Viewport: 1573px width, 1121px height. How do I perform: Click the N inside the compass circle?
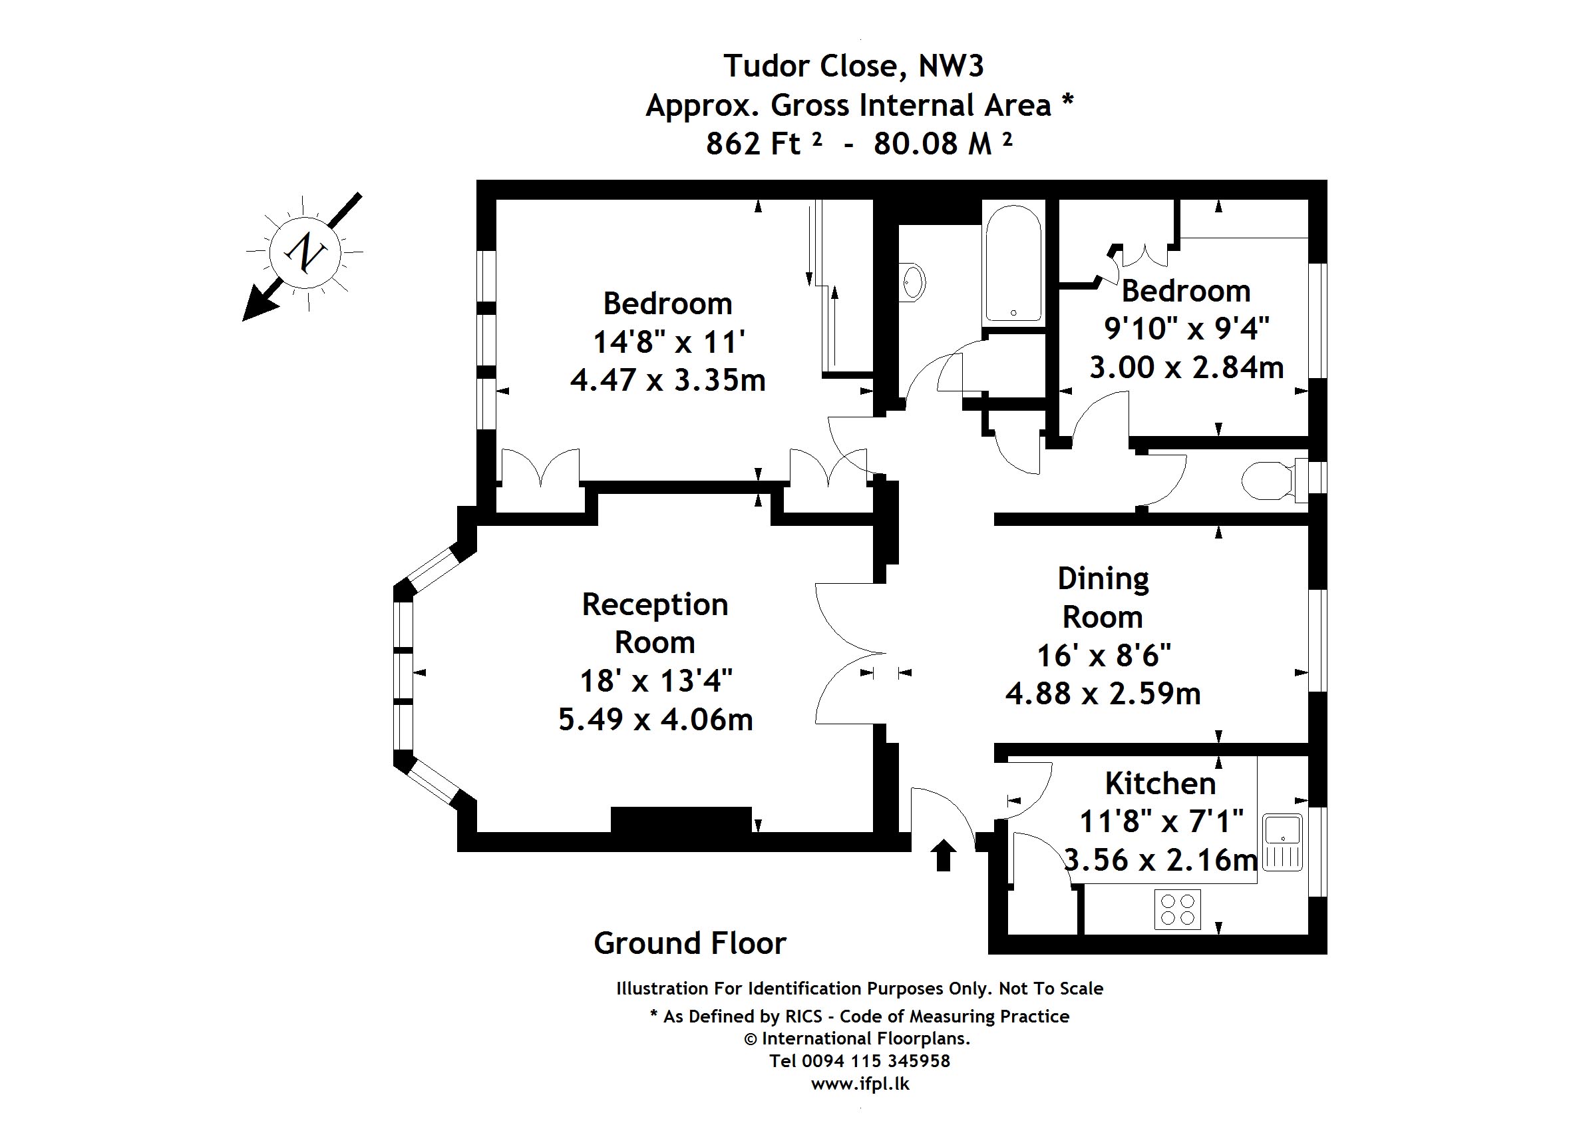pos(305,252)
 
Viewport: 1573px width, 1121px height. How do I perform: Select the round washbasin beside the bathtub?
pos(914,282)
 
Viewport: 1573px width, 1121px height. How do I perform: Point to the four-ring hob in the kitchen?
pos(1177,910)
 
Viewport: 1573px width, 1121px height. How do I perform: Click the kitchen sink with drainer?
pos(1282,842)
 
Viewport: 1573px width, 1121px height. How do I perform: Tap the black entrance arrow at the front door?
pos(944,855)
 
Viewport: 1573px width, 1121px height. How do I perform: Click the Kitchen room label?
pos(1160,784)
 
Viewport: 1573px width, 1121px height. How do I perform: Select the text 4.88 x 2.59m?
pos(1103,694)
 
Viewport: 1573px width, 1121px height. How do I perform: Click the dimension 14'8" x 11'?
pos(669,341)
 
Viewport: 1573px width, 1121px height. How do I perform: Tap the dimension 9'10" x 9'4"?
pos(1186,329)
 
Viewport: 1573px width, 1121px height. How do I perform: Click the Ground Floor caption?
pos(689,943)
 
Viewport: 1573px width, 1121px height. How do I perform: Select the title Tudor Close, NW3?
pos(854,67)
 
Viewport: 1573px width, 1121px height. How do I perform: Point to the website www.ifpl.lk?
pos(860,1084)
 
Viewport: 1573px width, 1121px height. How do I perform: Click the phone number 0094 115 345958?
pos(876,1061)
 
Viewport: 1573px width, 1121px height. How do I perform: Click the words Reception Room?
pos(655,623)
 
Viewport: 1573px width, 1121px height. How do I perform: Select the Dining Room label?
pos(1103,598)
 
